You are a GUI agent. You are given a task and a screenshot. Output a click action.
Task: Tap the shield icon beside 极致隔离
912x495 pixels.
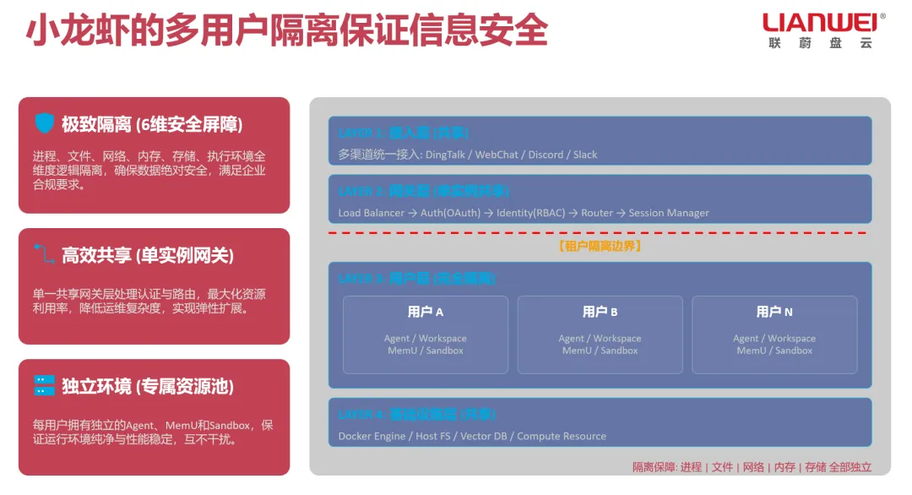click(x=44, y=123)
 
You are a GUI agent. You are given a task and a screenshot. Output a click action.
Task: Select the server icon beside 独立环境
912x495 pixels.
click(x=44, y=386)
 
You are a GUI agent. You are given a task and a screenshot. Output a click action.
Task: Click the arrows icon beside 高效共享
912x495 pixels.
click(x=44, y=254)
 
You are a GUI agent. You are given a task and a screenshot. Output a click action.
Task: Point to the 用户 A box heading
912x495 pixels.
click(x=426, y=312)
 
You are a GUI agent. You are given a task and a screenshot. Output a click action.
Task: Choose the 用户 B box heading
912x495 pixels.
click(x=600, y=312)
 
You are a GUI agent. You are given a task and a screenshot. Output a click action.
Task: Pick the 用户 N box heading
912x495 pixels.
click(x=774, y=312)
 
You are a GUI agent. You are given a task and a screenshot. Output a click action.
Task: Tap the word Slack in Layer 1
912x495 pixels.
click(x=585, y=155)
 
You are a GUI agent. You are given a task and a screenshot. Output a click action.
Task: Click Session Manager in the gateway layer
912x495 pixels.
click(x=669, y=213)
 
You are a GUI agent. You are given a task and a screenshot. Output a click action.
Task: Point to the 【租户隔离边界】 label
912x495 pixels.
click(x=600, y=247)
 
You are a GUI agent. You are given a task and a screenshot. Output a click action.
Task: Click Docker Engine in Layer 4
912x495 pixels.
click(x=372, y=436)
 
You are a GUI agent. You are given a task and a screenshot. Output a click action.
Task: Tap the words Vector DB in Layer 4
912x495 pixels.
click(x=484, y=436)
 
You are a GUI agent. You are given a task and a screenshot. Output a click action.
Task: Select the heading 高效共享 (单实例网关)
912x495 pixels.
click(x=148, y=255)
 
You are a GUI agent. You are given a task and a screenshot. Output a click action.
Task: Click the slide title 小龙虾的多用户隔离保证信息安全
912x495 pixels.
click(x=287, y=31)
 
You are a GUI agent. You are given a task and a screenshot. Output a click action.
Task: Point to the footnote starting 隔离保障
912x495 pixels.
click(x=752, y=467)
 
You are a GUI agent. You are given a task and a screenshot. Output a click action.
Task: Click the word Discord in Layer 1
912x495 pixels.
click(x=546, y=155)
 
